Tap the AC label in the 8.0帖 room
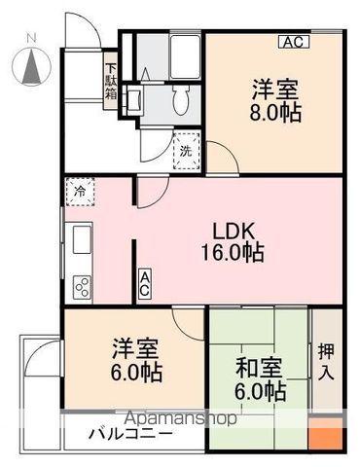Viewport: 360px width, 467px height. click(x=294, y=42)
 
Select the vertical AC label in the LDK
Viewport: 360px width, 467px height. click(x=145, y=283)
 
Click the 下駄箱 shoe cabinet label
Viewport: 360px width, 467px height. click(x=111, y=81)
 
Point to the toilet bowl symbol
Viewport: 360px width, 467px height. click(x=180, y=99)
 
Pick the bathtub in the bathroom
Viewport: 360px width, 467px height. click(x=185, y=56)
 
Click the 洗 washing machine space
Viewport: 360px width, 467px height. click(x=186, y=151)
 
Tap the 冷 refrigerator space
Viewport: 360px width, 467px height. click(x=80, y=192)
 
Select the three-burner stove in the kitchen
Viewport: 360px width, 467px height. click(x=83, y=286)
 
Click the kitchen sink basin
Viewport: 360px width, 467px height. click(x=82, y=240)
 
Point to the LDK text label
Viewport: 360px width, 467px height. click(x=233, y=231)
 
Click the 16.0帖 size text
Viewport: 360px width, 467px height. click(x=233, y=253)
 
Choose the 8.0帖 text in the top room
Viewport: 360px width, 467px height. click(x=275, y=112)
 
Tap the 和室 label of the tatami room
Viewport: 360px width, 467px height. click(x=259, y=368)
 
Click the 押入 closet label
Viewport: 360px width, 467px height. click(x=326, y=362)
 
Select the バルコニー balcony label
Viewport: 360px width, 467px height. click(x=130, y=433)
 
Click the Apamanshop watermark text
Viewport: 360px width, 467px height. click(x=181, y=418)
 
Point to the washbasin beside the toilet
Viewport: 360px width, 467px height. click(x=133, y=99)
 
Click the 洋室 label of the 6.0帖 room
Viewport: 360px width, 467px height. click(x=135, y=349)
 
